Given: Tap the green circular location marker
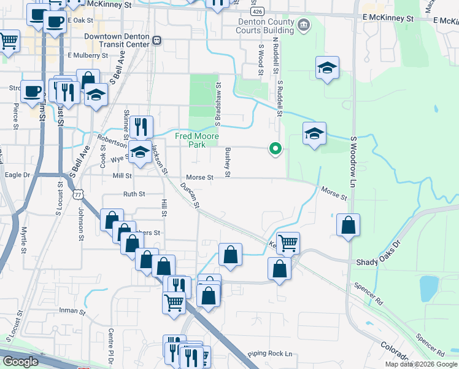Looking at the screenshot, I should click(x=276, y=148).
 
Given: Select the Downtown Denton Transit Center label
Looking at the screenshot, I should click(x=117, y=40).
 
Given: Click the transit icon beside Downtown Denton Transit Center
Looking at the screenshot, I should click(x=157, y=41).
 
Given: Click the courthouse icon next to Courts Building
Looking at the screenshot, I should click(x=303, y=25).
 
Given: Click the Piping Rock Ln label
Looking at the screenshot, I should click(x=270, y=354).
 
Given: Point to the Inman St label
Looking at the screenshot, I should click(x=72, y=312).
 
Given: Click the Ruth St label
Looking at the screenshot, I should click(x=134, y=194).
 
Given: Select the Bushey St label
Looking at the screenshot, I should click(x=228, y=162).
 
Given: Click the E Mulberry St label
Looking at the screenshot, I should click(x=88, y=55).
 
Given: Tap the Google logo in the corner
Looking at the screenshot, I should click(x=21, y=362).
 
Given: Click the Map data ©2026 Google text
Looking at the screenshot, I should click(x=421, y=364).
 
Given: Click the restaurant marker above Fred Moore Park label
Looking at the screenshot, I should click(x=141, y=127).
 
